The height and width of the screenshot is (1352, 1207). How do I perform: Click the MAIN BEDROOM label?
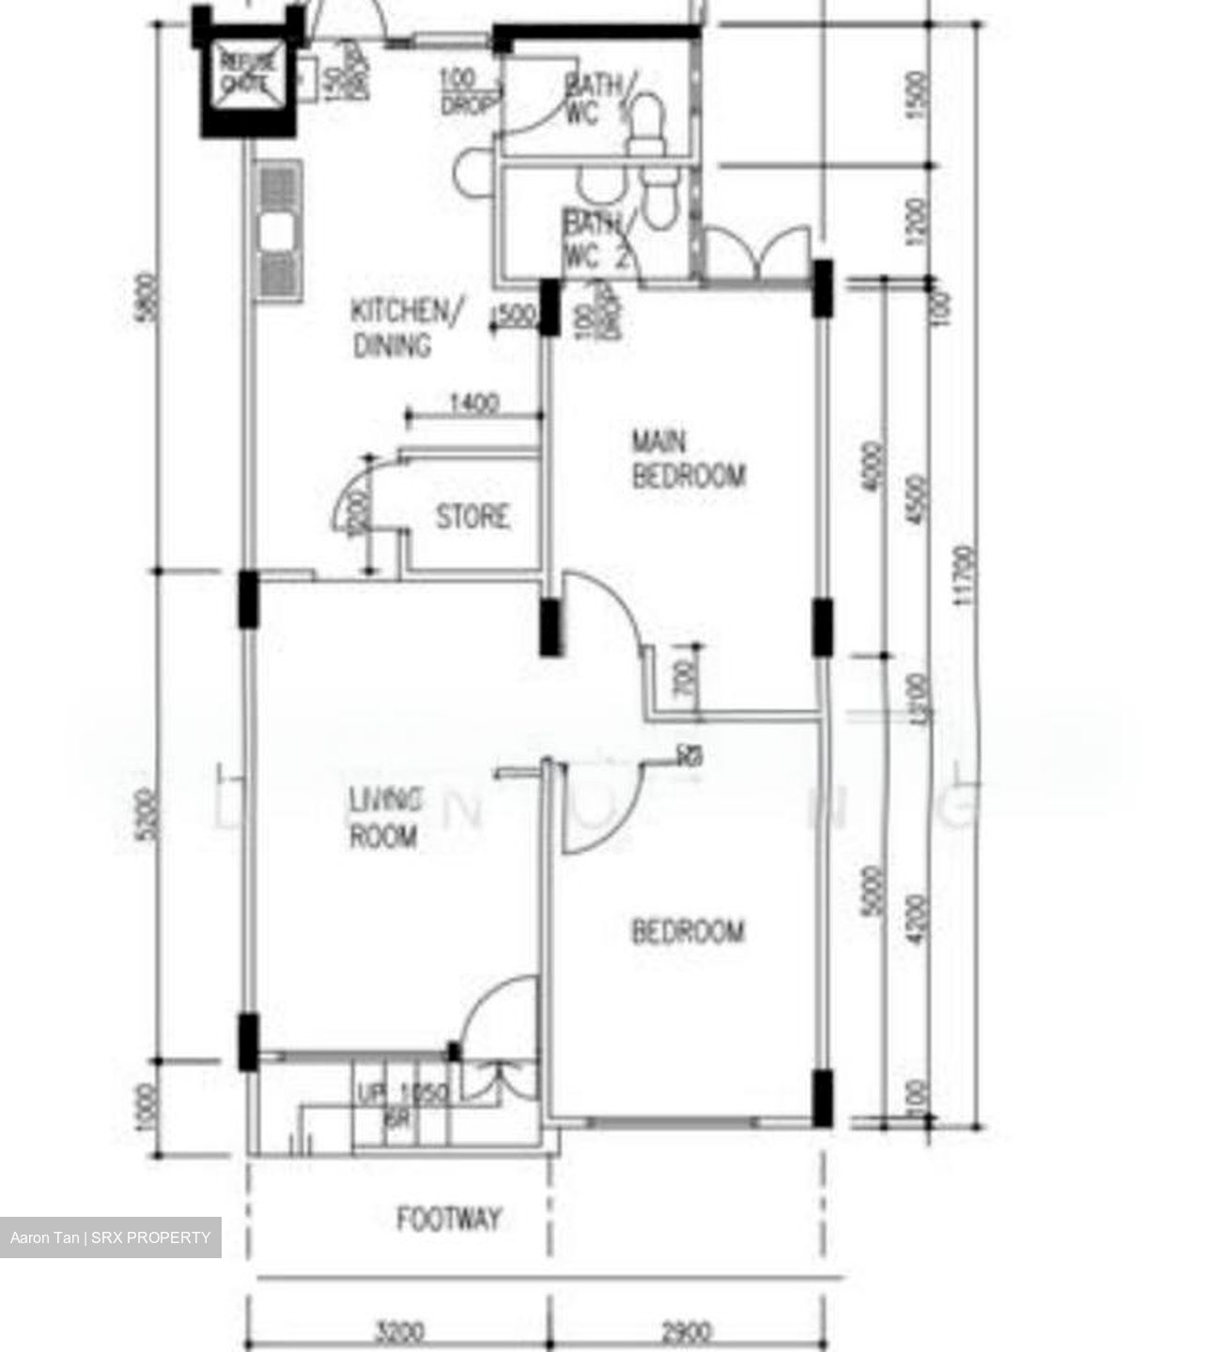[689, 459]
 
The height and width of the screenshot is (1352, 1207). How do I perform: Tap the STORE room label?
[472, 517]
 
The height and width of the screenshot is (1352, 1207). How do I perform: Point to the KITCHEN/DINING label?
[405, 328]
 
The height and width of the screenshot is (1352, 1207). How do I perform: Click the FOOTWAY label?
[449, 1220]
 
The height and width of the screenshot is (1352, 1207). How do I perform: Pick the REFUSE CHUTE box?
[250, 74]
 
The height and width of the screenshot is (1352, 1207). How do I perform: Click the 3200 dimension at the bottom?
[399, 1331]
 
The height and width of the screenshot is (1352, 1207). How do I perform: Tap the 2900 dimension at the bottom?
[686, 1331]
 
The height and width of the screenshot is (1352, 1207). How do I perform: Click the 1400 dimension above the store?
[473, 405]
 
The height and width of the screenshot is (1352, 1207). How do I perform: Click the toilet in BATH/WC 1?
[644, 126]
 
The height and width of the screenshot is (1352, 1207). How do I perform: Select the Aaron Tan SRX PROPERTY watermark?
[111, 1237]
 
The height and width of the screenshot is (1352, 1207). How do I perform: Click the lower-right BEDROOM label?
[688, 931]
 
